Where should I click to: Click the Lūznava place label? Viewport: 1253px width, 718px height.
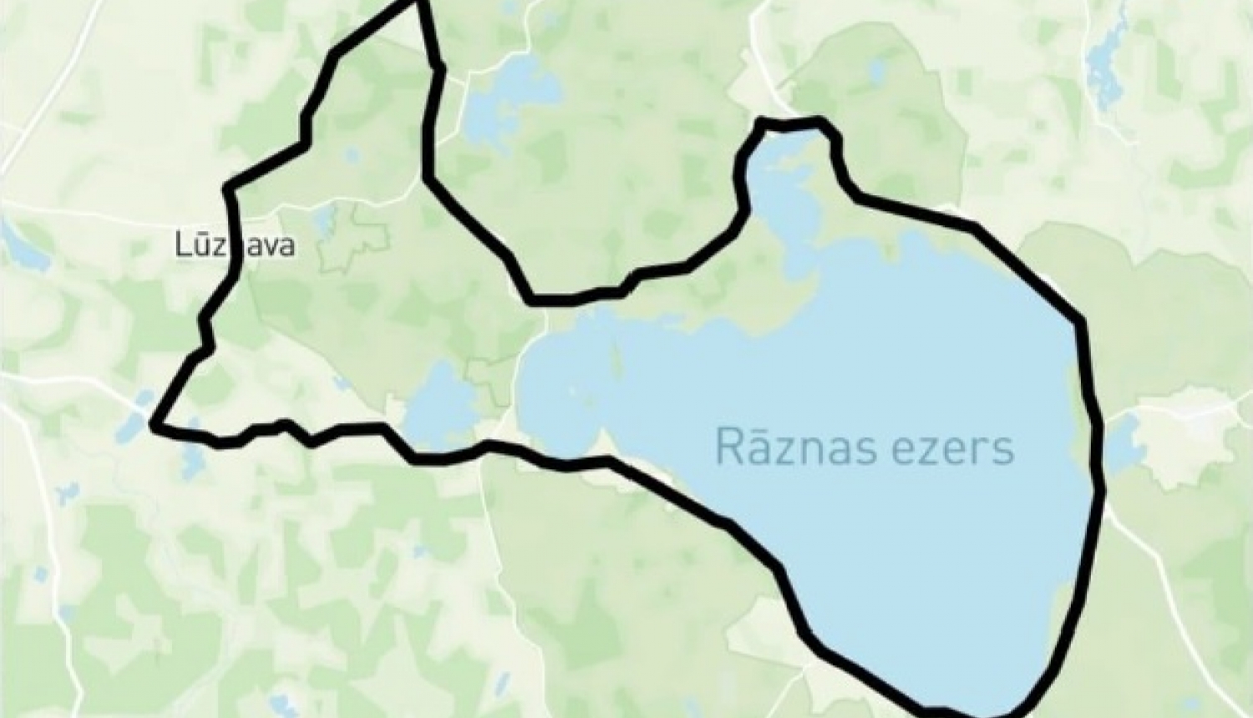tap(235, 245)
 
